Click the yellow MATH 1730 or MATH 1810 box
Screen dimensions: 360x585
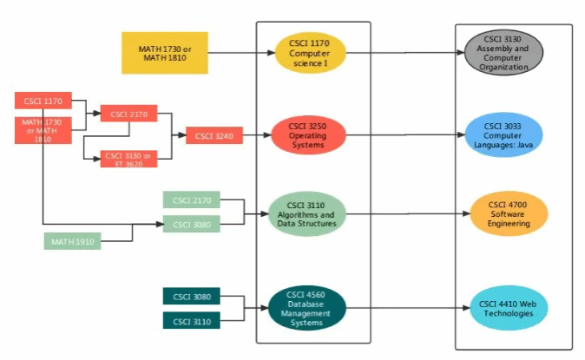click(165, 52)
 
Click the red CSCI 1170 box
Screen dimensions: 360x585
click(43, 101)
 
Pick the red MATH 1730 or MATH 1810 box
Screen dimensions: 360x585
click(43, 130)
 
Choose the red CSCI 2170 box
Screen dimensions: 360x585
click(128, 113)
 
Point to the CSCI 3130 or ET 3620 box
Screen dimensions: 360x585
click(128, 159)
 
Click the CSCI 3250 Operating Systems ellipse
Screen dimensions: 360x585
click(308, 134)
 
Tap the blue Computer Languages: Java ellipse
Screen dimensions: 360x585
click(503, 134)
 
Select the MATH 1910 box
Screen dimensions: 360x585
click(72, 240)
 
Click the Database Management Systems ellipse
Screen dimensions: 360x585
click(308, 308)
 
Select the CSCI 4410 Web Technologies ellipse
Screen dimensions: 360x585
click(509, 308)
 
